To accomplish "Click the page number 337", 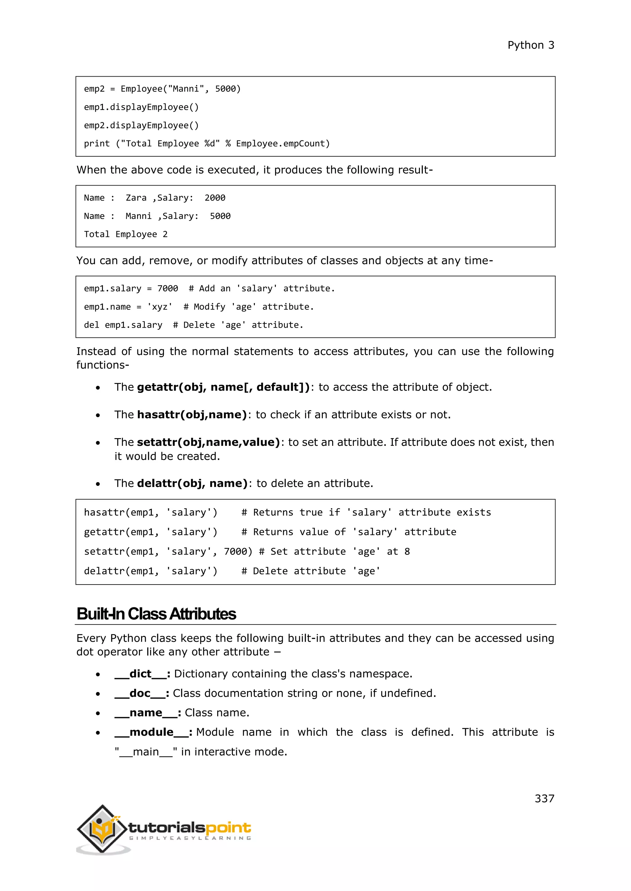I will pos(544,798).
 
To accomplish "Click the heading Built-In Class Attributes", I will pos(156,614).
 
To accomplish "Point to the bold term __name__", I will pos(146,713).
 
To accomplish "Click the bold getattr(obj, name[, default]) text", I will pos(223,387).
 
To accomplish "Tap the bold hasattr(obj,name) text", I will pos(192,414).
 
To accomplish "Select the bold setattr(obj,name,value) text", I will pos(208,442).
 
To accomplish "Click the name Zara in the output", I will pos(136,198).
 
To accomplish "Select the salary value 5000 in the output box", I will pos(220,216).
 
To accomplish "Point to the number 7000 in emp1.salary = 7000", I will pos(168,288).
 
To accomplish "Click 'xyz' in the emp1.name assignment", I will pos(159,306).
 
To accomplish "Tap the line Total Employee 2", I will pos(125,234).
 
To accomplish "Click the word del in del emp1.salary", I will pos(91,325).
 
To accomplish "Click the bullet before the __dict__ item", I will pos(98,675).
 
